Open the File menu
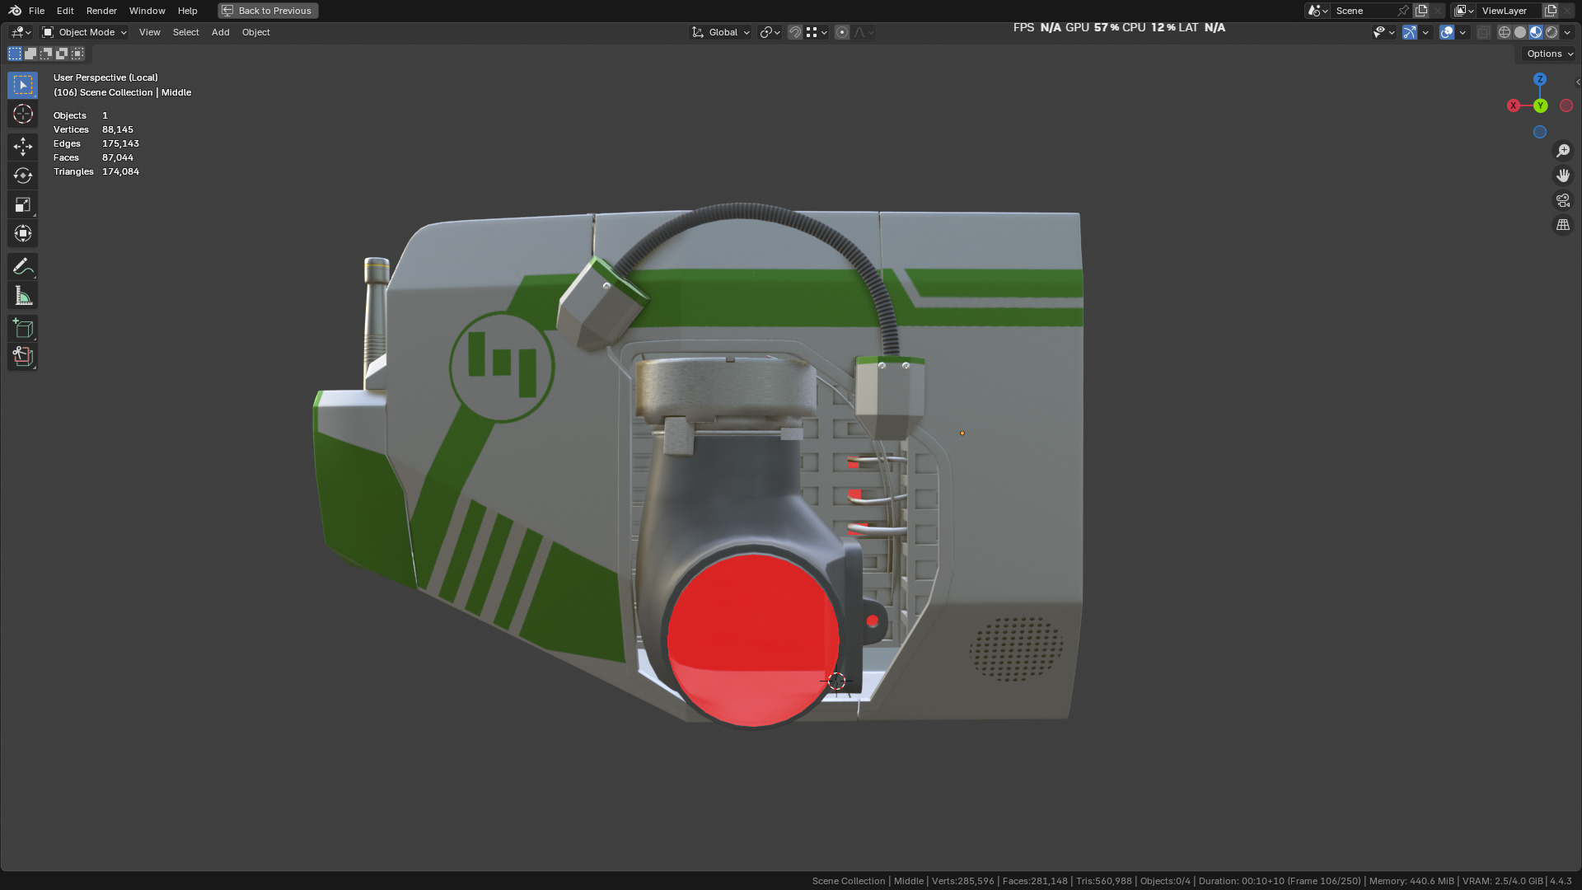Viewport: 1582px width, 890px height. [x=36, y=11]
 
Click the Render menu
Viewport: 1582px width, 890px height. [x=101, y=11]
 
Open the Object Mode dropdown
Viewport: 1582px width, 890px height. [x=85, y=32]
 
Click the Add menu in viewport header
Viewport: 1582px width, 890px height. [x=220, y=32]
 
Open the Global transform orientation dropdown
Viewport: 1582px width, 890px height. [x=721, y=32]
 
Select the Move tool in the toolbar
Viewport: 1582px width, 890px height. [x=22, y=147]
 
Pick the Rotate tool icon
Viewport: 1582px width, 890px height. [x=22, y=176]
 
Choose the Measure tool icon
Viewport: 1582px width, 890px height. [x=22, y=296]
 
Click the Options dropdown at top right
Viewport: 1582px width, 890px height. [x=1549, y=54]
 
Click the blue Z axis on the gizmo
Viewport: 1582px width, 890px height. [x=1540, y=79]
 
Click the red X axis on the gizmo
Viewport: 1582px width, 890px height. [x=1514, y=105]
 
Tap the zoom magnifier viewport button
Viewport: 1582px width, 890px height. [x=1563, y=151]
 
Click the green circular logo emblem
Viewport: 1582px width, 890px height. [x=502, y=367]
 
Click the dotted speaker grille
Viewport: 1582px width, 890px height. [x=1015, y=649]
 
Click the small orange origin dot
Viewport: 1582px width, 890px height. [x=962, y=433]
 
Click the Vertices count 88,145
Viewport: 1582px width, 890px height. [x=118, y=129]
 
